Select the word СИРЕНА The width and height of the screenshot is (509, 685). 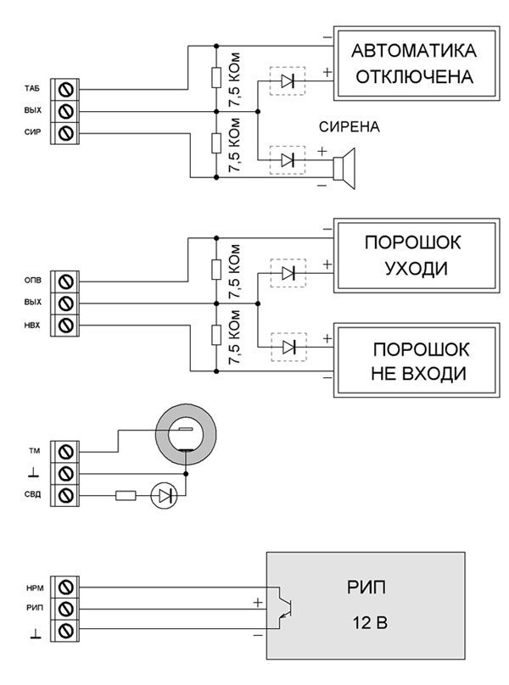[349, 128]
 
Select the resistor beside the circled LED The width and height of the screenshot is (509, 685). [125, 495]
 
